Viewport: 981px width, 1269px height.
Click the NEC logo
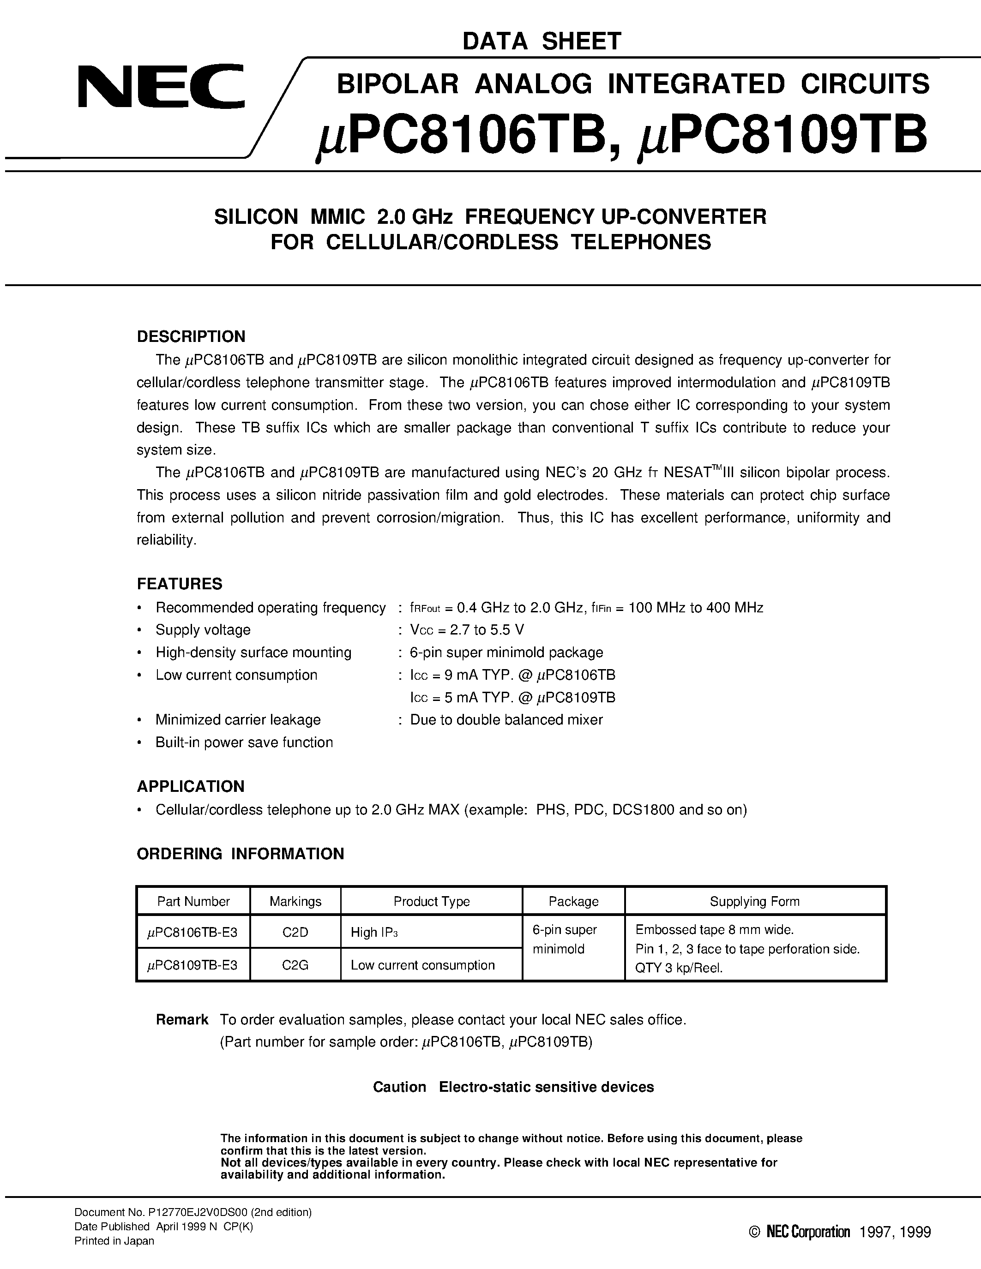point(161,87)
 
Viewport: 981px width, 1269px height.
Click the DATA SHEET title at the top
point(542,41)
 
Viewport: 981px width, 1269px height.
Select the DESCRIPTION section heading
point(191,336)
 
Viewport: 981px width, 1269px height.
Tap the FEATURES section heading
point(180,583)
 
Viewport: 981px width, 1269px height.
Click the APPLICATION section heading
point(191,786)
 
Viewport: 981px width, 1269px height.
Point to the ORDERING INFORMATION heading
point(240,854)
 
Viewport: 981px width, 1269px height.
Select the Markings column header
point(295,901)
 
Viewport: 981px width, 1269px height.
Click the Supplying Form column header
point(754,901)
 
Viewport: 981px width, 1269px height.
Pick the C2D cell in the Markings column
point(295,933)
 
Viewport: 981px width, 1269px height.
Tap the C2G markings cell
point(295,965)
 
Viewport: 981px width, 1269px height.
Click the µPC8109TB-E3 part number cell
point(193,965)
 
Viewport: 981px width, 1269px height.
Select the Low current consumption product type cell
point(422,965)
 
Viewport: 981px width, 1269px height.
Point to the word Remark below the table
point(182,1020)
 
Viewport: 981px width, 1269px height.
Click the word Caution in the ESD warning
point(399,1087)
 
